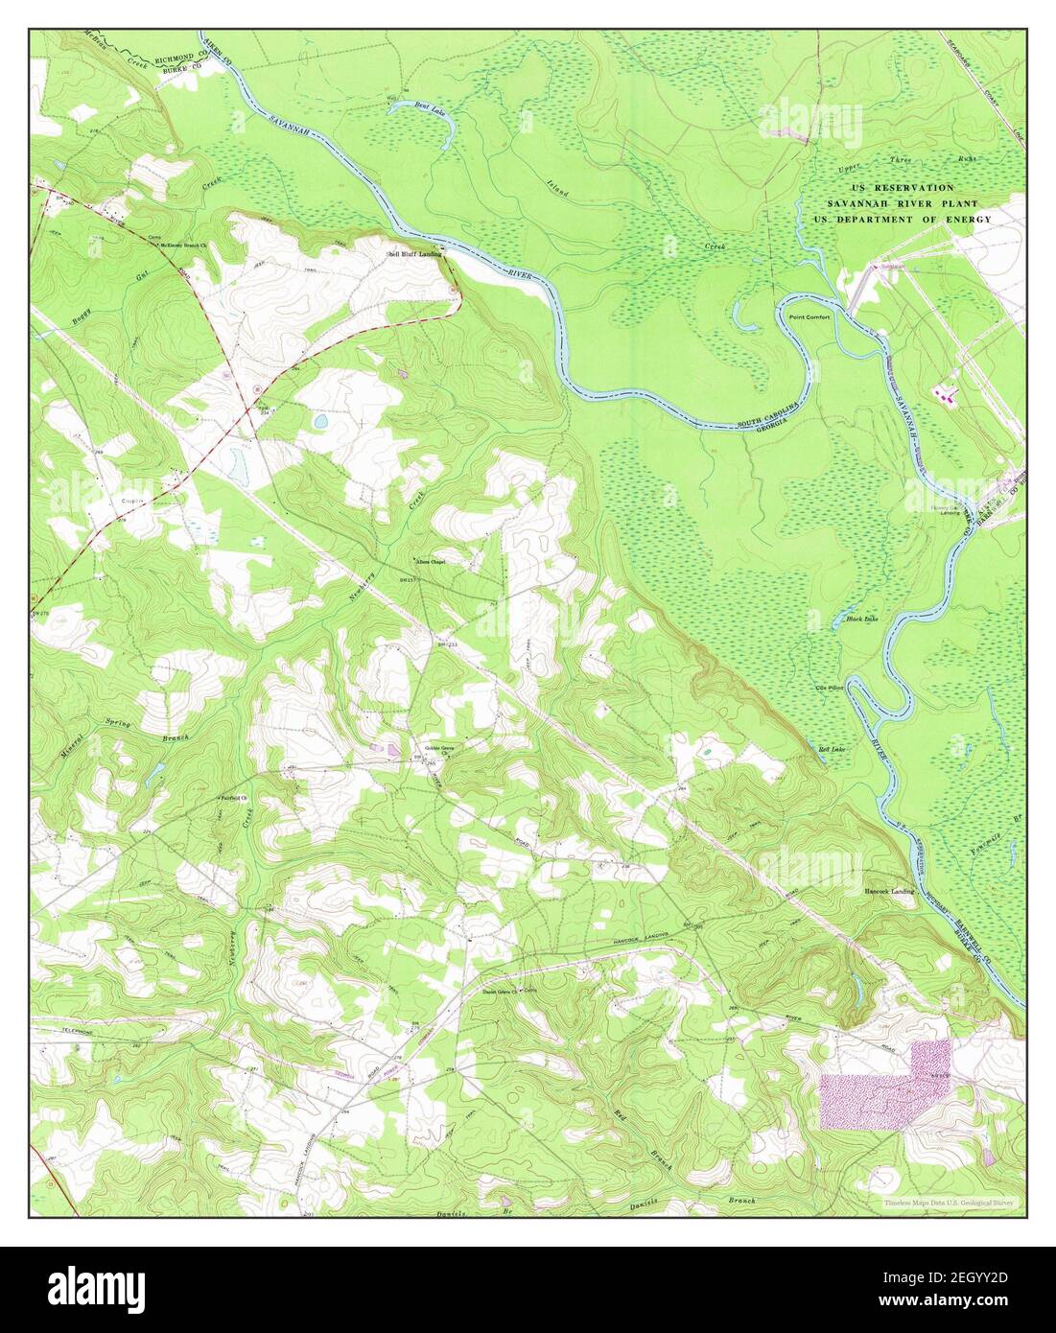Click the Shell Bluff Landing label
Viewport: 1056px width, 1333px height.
pyautogui.click(x=413, y=254)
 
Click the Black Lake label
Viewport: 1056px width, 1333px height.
pyautogui.click(x=862, y=620)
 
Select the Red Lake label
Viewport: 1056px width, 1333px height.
pyautogui.click(x=831, y=748)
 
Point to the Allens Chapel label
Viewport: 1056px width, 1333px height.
pyautogui.click(x=430, y=562)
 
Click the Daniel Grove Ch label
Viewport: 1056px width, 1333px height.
pyautogui.click(x=499, y=993)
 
